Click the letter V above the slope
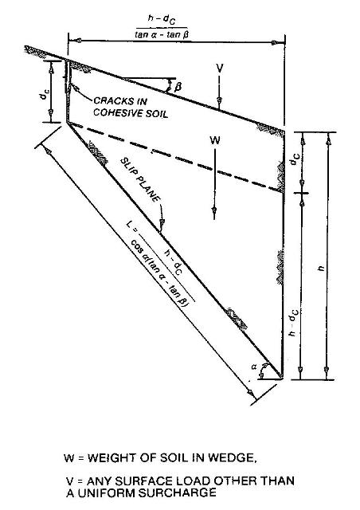pyautogui.click(x=220, y=68)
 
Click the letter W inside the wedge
pyautogui.click(x=215, y=140)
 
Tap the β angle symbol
pyautogui.click(x=178, y=87)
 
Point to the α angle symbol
pyautogui.click(x=254, y=367)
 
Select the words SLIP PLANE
pyautogui.click(x=140, y=179)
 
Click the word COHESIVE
pyautogui.click(x=114, y=113)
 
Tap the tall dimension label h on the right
pyautogui.click(x=321, y=268)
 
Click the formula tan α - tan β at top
pyautogui.click(x=162, y=34)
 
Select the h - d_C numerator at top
pyautogui.click(x=162, y=19)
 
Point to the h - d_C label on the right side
pyautogui.click(x=293, y=322)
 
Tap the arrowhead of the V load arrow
pyautogui.click(x=220, y=100)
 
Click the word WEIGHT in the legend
pyautogui.click(x=113, y=457)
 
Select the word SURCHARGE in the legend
pyautogui.click(x=177, y=492)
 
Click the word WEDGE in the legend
pyautogui.click(x=233, y=458)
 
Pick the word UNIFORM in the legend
pyautogui.click(x=106, y=492)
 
